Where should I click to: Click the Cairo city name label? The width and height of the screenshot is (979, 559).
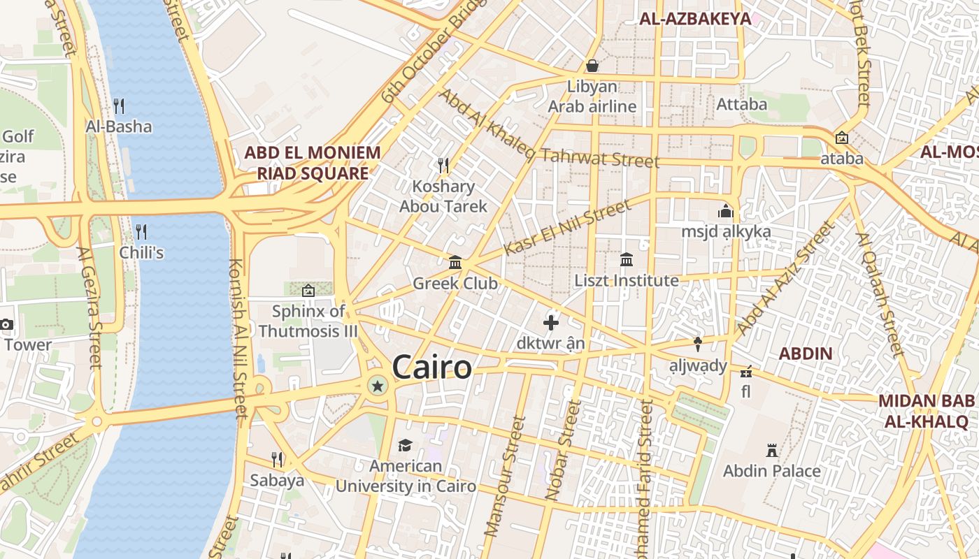pos(431,367)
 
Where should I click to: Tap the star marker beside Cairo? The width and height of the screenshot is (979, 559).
pos(378,385)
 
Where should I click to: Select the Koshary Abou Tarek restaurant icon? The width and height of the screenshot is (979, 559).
pos(443,166)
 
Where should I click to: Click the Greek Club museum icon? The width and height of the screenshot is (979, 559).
pos(455,263)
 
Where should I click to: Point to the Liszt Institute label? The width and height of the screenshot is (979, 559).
pos(626,280)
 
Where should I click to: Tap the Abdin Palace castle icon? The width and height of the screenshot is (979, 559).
pos(772,450)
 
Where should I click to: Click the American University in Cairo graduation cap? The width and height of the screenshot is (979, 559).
pos(405,445)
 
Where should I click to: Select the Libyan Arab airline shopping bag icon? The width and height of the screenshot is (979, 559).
pos(592,66)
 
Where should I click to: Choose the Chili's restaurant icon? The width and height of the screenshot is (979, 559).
pos(141,231)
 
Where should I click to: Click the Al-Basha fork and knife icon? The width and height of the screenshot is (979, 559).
pos(119,106)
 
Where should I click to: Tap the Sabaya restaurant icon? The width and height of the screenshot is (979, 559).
pos(277,459)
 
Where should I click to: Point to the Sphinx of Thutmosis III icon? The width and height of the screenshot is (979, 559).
pos(308,291)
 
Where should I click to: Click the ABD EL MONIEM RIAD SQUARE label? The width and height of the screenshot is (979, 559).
pos(312,163)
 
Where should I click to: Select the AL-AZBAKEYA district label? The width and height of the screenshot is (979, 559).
pos(695,19)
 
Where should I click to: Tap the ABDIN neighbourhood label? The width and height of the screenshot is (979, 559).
pos(806,354)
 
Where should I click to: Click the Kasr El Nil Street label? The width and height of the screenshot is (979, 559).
pos(567,228)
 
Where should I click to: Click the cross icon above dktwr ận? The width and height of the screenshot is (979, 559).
pos(551,323)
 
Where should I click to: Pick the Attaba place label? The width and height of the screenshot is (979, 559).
pos(742,104)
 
